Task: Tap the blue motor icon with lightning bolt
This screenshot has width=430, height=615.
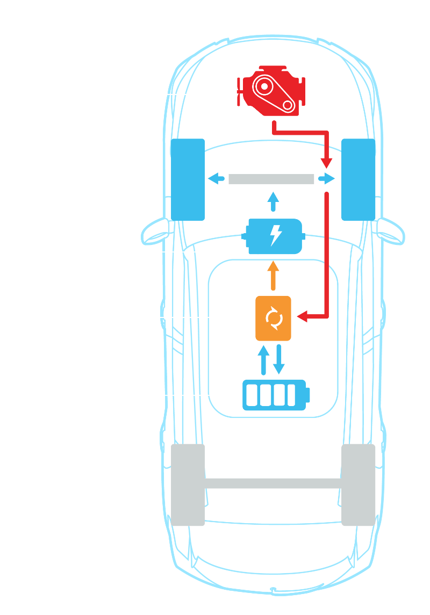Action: tap(274, 236)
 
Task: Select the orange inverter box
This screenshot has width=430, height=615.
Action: tap(273, 318)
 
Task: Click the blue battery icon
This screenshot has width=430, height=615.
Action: tap(276, 395)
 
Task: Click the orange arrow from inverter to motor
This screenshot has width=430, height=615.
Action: tap(273, 275)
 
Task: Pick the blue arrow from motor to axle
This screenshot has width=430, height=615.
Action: tap(273, 202)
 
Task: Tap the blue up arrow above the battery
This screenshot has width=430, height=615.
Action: tap(263, 359)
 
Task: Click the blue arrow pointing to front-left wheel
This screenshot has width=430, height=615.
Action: tap(216, 179)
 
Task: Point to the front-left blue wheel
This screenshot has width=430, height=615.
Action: tap(187, 179)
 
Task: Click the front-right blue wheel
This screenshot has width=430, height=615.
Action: tap(358, 179)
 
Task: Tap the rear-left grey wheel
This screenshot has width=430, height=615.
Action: tap(188, 484)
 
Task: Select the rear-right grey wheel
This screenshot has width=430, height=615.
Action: tap(358, 484)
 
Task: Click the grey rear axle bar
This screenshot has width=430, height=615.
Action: tap(273, 483)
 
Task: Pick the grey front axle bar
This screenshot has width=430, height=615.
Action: tap(271, 179)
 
